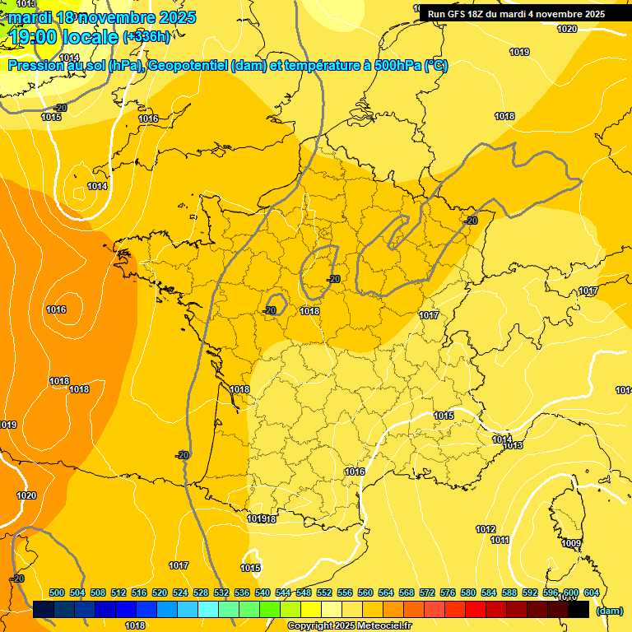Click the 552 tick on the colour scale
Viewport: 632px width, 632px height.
coord(323,592)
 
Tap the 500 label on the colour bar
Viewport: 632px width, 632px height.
coord(57,592)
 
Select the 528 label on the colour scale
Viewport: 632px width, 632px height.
coord(201,592)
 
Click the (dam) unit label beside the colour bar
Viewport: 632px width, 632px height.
coord(608,611)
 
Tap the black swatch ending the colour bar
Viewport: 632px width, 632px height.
coord(579,610)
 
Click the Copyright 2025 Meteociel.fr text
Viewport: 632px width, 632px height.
coord(349,626)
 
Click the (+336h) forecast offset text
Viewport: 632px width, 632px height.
coord(146,36)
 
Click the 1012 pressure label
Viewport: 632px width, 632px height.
coord(486,529)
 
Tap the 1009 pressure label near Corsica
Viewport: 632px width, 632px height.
coord(571,543)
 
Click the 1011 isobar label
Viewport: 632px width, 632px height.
coord(500,540)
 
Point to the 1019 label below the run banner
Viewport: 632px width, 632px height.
coord(519,52)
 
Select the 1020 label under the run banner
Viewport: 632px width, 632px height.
coord(567,29)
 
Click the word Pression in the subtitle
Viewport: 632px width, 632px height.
coord(35,66)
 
